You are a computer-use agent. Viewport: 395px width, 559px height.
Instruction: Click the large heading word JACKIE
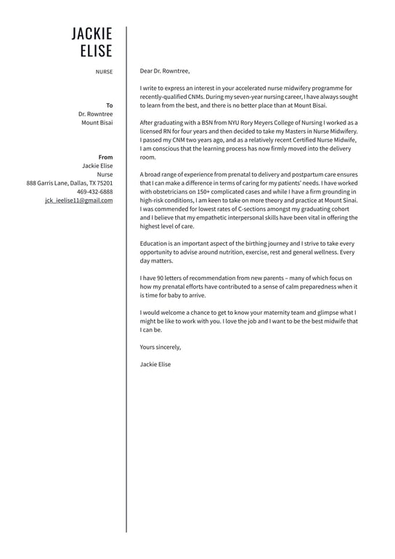(x=92, y=34)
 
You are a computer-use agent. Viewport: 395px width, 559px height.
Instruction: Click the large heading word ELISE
(x=97, y=51)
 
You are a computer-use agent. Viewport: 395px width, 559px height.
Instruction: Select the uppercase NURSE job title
(x=104, y=71)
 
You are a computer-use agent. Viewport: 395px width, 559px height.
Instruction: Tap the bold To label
(x=110, y=105)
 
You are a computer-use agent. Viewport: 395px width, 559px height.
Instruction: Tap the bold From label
(x=105, y=157)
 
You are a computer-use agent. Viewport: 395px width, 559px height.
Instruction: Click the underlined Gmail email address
(x=78, y=200)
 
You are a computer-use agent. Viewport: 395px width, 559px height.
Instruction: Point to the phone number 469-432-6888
(x=94, y=191)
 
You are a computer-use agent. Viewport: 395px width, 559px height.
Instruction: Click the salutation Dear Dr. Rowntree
(x=164, y=71)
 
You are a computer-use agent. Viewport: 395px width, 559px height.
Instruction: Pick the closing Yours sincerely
(x=160, y=347)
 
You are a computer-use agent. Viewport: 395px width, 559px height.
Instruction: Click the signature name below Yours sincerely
(x=155, y=364)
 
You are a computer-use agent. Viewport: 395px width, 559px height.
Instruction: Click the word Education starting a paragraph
(x=155, y=244)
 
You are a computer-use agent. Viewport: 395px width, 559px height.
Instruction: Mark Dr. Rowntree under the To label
(x=96, y=114)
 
